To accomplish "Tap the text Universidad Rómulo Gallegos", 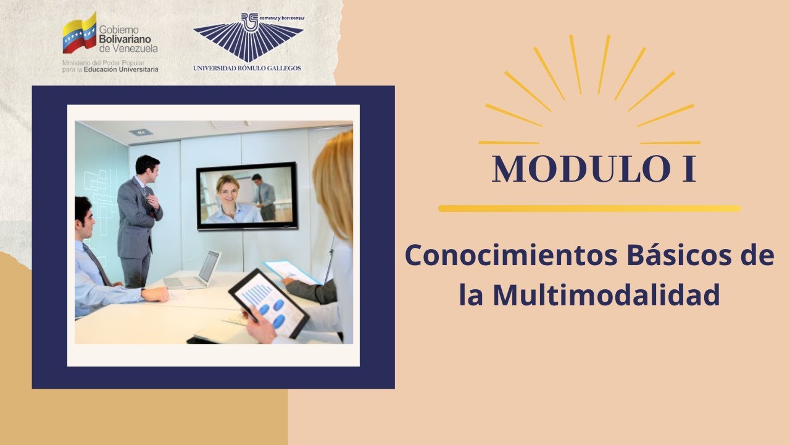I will tap(247, 67).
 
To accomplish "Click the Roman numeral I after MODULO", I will tap(689, 169).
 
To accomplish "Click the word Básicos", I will tap(674, 256).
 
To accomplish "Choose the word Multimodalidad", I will tap(606, 295).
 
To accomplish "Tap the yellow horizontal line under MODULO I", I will tap(589, 209).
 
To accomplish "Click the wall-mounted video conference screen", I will tap(247, 196).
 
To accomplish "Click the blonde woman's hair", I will tap(335, 185).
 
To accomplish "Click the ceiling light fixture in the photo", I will tap(141, 132).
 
